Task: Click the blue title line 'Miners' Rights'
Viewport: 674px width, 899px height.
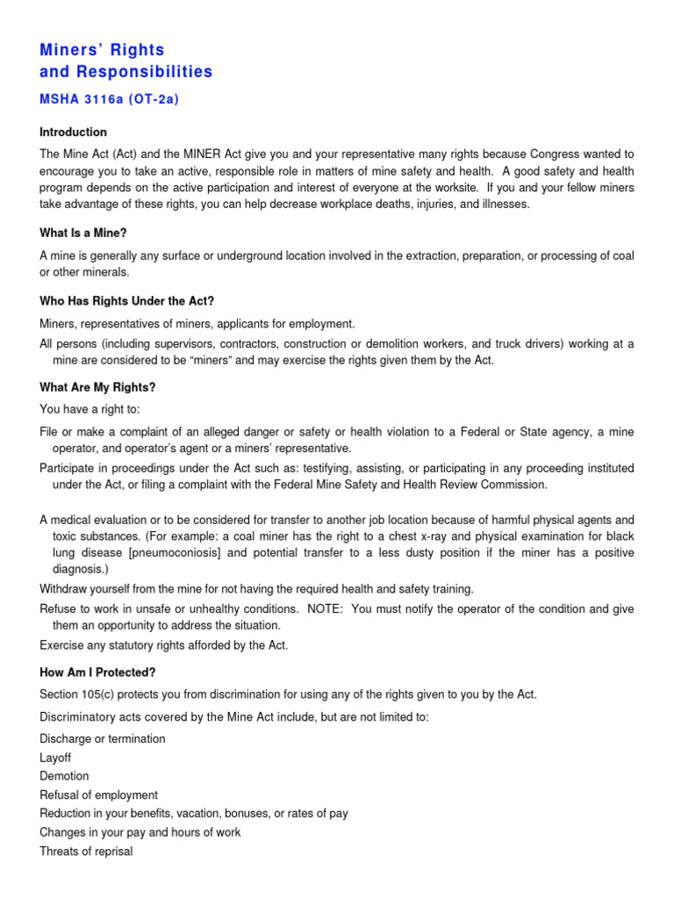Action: tap(102, 50)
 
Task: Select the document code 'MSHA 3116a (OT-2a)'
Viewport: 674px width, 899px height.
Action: tap(109, 99)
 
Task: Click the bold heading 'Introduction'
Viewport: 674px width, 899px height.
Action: tap(73, 133)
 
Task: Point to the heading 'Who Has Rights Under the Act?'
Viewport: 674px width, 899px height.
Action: tap(127, 301)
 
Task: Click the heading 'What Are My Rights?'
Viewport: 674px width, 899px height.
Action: tap(97, 387)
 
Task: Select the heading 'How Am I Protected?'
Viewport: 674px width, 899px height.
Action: tap(97, 672)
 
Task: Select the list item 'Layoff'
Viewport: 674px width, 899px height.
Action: tap(55, 758)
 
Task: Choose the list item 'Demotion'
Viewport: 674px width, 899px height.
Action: tap(64, 776)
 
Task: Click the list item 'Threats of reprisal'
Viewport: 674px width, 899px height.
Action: tap(86, 851)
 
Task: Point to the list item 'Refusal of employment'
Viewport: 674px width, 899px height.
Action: tap(98, 795)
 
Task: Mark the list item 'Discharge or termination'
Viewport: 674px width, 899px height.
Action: tap(103, 738)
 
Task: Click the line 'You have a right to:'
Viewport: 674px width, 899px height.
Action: tap(90, 409)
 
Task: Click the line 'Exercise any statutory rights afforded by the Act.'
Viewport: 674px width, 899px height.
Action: tap(163, 645)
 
